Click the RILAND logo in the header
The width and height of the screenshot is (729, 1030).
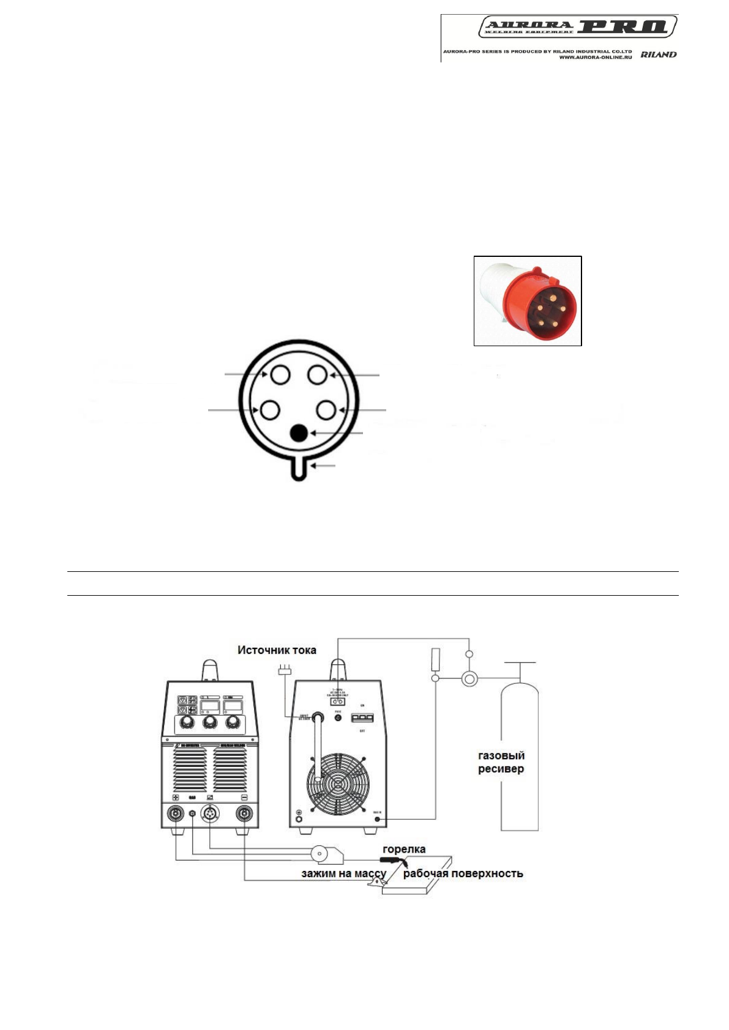click(x=658, y=54)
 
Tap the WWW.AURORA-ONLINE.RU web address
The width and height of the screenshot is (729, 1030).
click(x=595, y=57)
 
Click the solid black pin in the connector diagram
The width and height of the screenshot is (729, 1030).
click(x=298, y=433)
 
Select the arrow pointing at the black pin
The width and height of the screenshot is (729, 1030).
click(x=337, y=433)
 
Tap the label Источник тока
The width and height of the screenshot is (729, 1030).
click(x=277, y=650)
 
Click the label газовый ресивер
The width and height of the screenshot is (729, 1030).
click(x=501, y=762)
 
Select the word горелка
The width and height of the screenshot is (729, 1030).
click(x=404, y=849)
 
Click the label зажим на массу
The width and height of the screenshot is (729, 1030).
click(x=343, y=873)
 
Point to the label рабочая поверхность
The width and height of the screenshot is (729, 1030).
click(x=463, y=873)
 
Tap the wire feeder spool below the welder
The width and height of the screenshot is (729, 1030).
click(x=320, y=853)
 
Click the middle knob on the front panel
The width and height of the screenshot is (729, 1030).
click(x=210, y=723)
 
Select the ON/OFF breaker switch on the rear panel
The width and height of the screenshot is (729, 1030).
click(x=362, y=717)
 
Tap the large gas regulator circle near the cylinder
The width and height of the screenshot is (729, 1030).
click(x=469, y=678)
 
